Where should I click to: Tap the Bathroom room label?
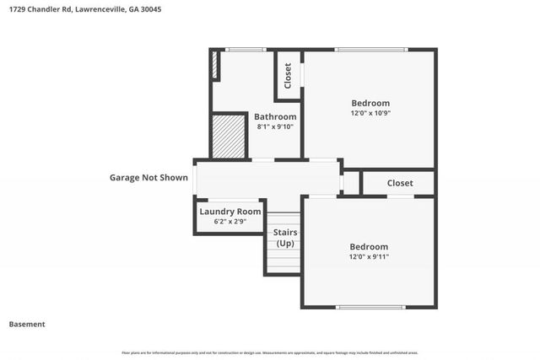pos(276,116)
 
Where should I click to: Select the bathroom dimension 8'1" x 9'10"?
pos(276,126)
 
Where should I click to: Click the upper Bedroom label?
pos(370,103)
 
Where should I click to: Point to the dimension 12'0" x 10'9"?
pos(370,113)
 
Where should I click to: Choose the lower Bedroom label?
pos(370,246)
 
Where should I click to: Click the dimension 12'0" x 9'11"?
pos(370,256)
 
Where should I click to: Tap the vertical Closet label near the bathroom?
pos(288,76)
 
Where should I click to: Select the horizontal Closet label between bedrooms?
pos(400,183)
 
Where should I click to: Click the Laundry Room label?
pos(230,212)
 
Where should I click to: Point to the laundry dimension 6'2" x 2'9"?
pos(230,222)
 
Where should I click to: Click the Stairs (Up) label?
pos(285,238)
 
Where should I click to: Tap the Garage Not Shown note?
pos(148,178)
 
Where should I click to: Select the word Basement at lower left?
pos(27,324)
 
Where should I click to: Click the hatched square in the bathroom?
pos(228,137)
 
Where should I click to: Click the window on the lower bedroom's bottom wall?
pos(371,307)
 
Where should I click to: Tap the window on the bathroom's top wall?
pos(246,50)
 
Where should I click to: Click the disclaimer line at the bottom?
pos(270,352)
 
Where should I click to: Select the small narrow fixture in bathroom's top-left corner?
pos(215,66)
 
